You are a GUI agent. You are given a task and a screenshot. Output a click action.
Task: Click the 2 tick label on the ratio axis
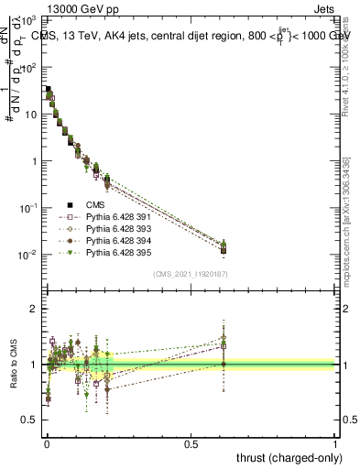pyautogui.click(x=34, y=309)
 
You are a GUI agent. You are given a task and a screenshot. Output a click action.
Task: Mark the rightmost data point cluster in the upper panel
pyautogui.click(x=224, y=246)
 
